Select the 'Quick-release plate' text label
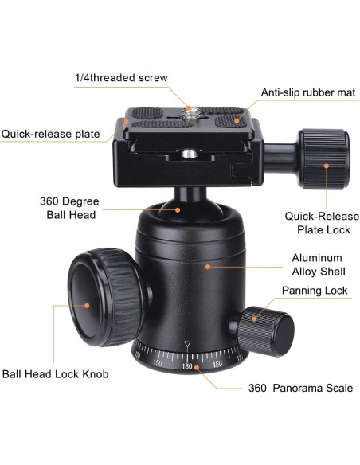pos(50,134)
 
